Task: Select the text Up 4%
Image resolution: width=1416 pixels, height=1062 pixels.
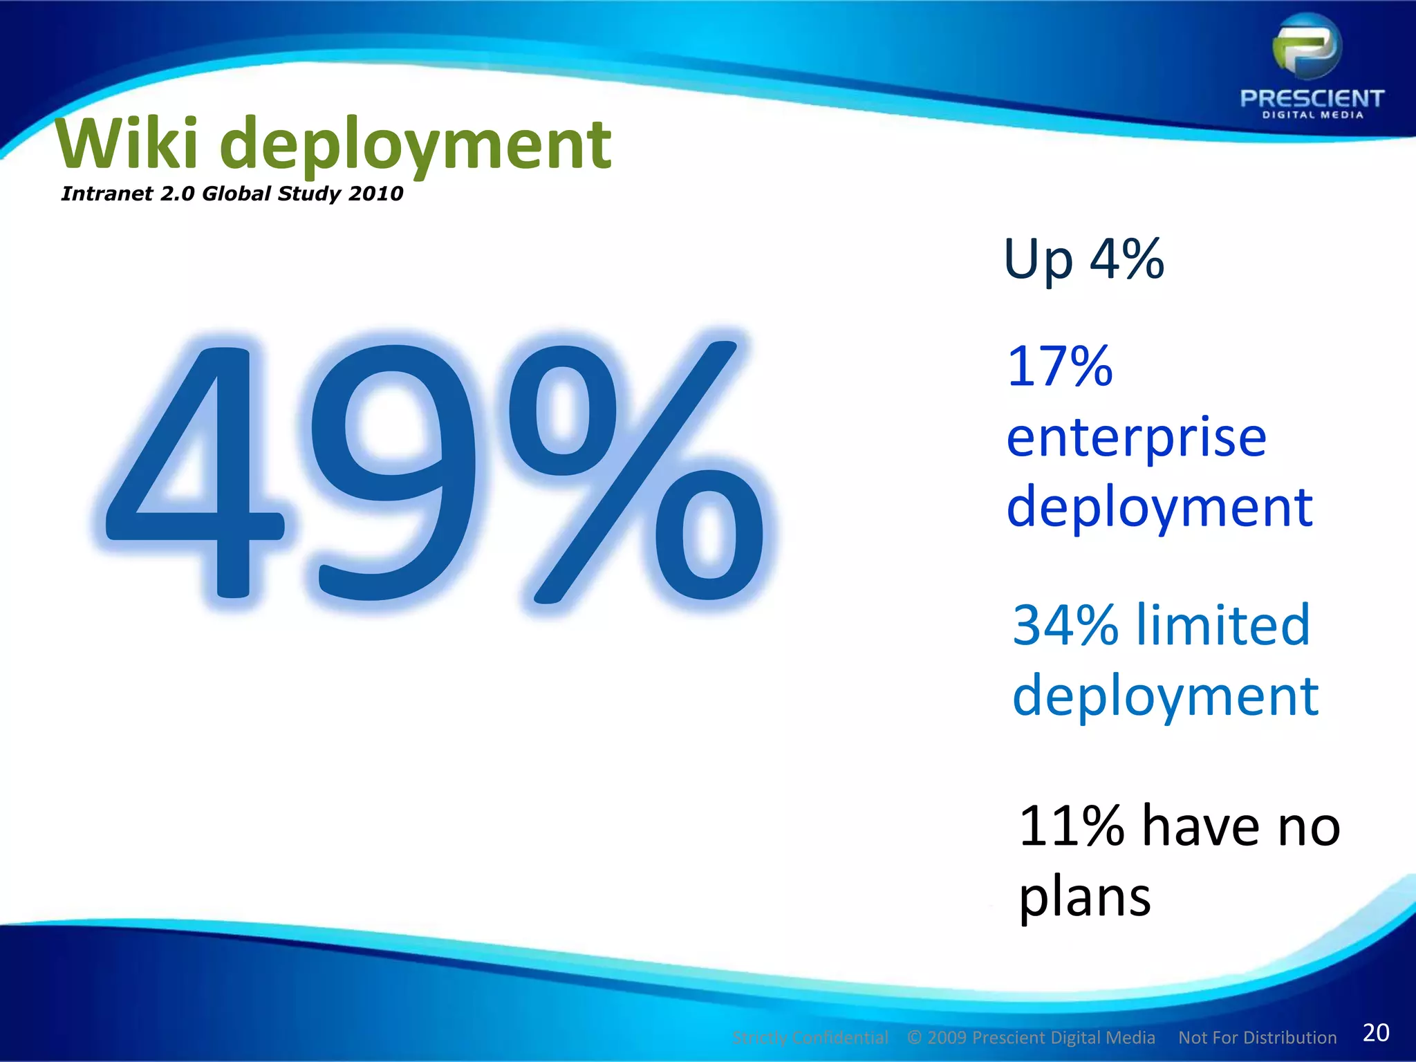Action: pos(1083,260)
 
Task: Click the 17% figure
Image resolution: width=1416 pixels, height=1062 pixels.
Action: pos(1060,366)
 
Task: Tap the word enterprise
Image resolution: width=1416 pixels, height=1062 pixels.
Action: pos(1136,438)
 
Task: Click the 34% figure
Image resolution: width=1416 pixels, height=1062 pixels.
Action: pos(1065,625)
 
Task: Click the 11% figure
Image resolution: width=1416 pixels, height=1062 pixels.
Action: pos(1071,826)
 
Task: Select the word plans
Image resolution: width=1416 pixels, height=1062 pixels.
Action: pos(1085,898)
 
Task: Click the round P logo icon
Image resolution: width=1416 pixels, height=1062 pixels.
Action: pos(1307,48)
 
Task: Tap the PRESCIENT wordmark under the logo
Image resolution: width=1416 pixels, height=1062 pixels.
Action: pos(1312,99)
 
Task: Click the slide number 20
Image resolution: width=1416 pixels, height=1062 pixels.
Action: pos(1376,1032)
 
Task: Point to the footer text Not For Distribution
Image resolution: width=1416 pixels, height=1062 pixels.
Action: pos(1257,1038)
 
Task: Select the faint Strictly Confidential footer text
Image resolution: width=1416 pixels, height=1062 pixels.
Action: pos(810,1038)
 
